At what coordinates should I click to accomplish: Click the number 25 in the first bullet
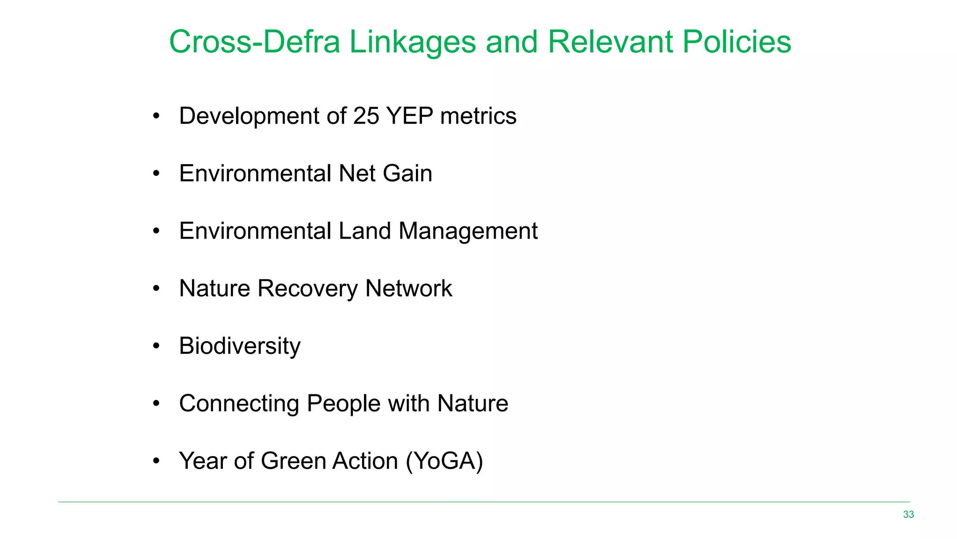(x=366, y=116)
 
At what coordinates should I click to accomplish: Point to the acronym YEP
(x=410, y=116)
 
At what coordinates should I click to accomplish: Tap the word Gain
(x=407, y=174)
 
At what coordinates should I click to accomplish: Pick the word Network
(x=408, y=288)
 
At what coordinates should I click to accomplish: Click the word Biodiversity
(x=240, y=346)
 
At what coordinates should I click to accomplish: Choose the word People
(x=343, y=404)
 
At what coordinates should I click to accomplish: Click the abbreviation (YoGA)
(x=444, y=461)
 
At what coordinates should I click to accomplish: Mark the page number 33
(x=908, y=515)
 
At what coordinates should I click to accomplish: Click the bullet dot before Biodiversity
(x=157, y=346)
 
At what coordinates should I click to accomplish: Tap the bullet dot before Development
(x=157, y=116)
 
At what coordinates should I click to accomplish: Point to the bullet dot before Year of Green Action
(x=157, y=461)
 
